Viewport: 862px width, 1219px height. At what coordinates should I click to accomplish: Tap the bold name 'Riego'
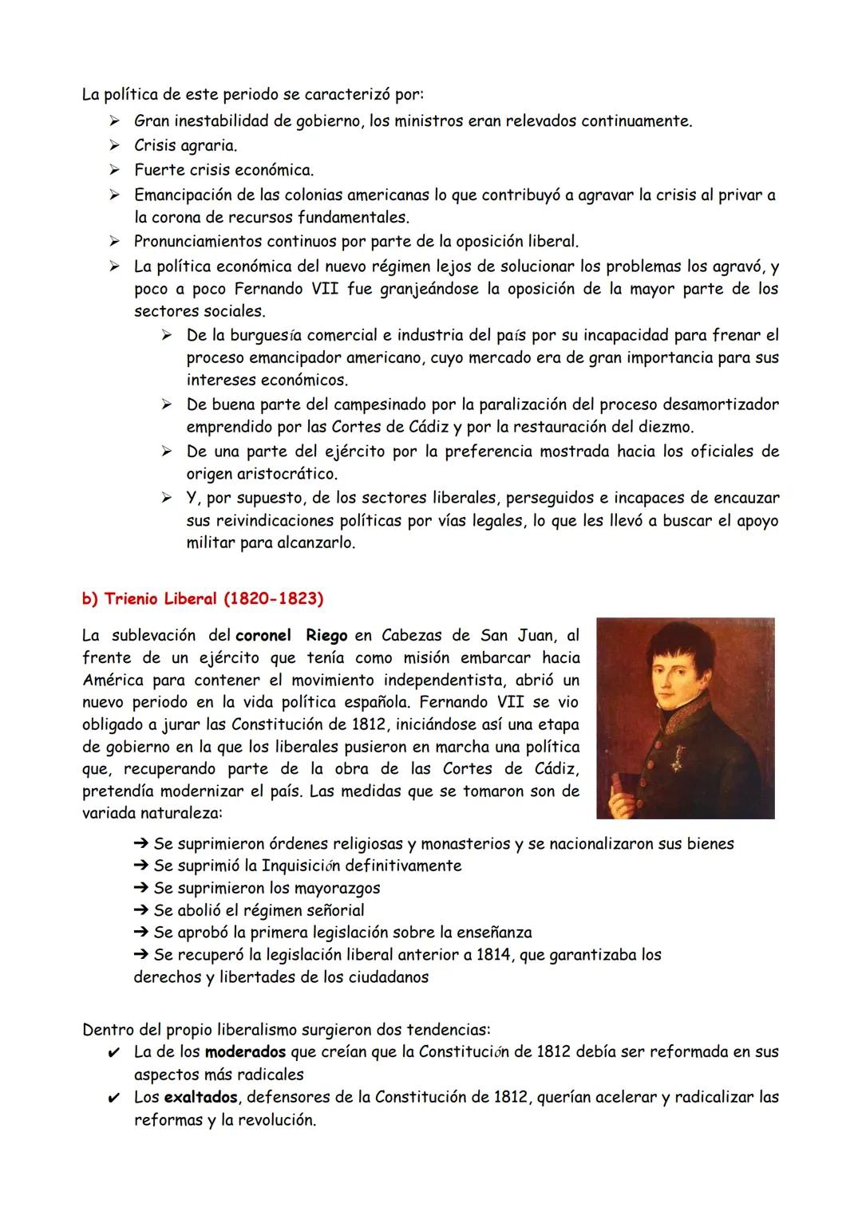point(326,636)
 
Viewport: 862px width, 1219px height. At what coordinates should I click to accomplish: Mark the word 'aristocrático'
point(262,474)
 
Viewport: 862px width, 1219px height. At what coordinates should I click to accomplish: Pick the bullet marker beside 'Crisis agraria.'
point(115,145)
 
